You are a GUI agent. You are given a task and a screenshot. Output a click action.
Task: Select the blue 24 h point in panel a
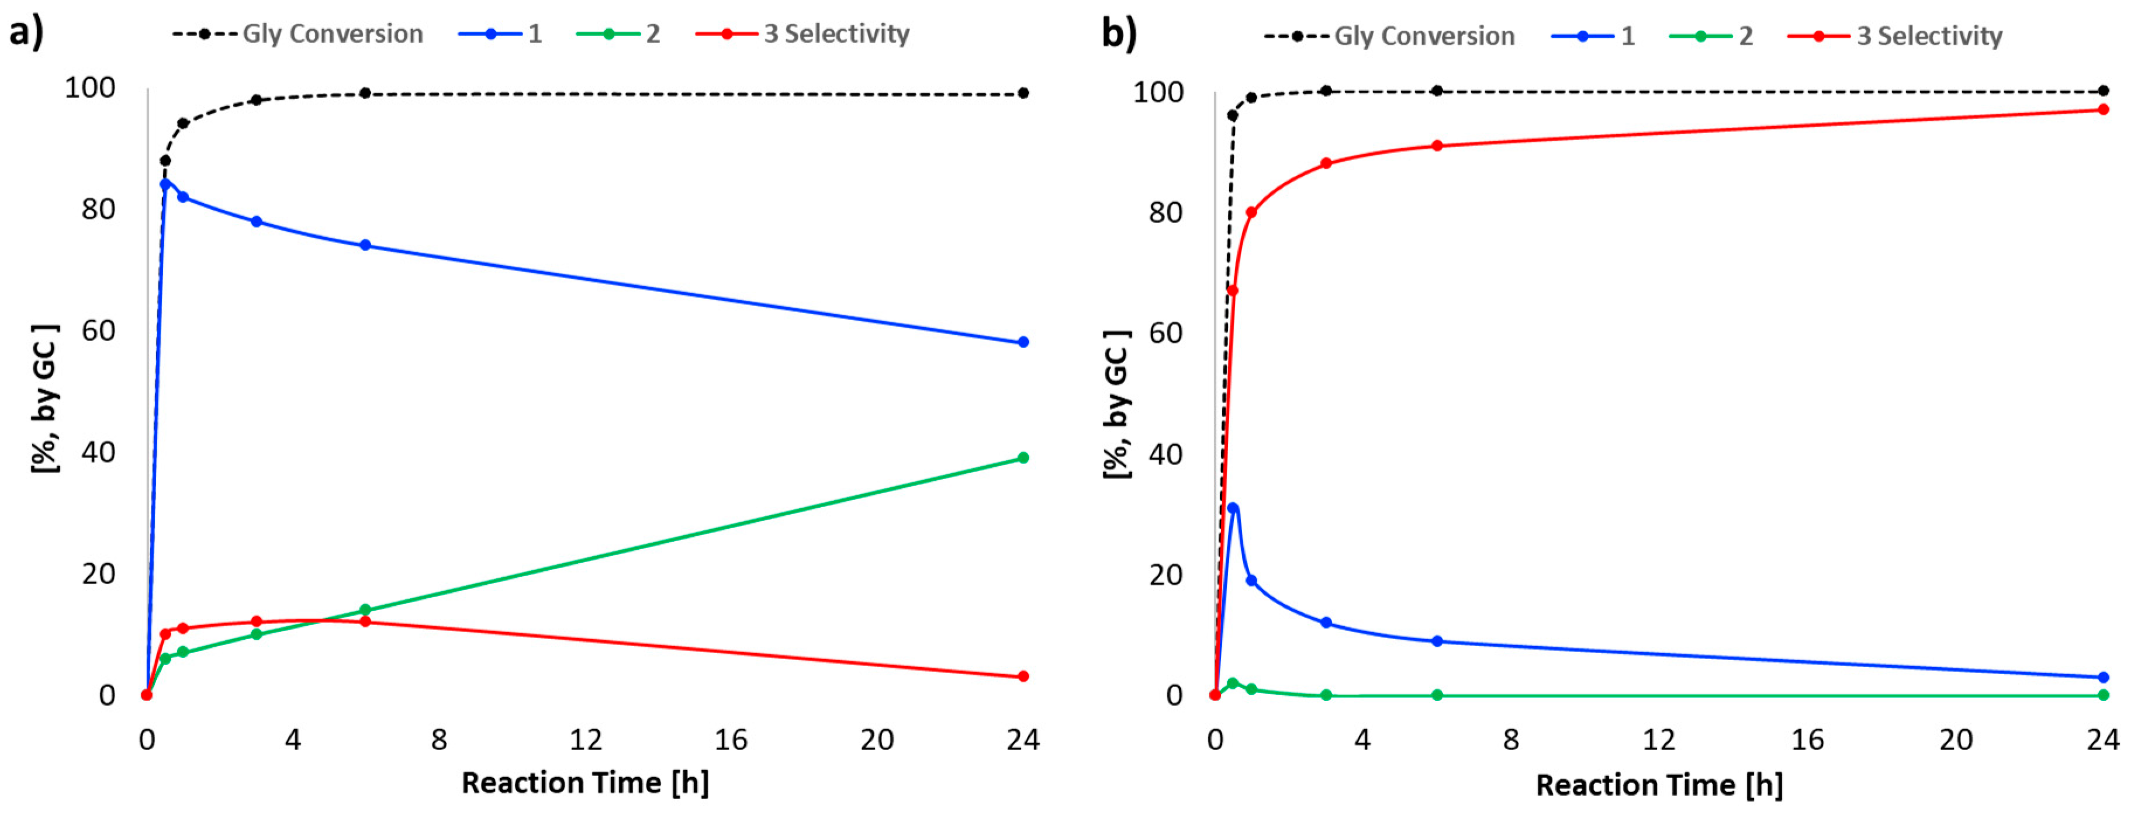pos(1023,342)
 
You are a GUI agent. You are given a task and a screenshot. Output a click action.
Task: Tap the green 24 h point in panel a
pos(1023,457)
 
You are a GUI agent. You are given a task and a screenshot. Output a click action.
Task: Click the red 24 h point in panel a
pos(1023,676)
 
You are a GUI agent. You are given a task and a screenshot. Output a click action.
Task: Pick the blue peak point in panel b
pos(1233,508)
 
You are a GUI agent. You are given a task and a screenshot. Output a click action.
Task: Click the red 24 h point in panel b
pos(2102,109)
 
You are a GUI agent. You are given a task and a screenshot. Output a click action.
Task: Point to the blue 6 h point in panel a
pos(365,245)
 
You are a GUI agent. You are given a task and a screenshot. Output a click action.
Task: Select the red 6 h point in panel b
pos(1437,146)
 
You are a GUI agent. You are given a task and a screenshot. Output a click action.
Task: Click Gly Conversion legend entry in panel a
pos(332,34)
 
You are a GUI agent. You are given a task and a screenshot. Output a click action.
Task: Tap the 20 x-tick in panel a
pos(877,739)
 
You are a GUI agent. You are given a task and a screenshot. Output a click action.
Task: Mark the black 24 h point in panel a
pos(1023,93)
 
